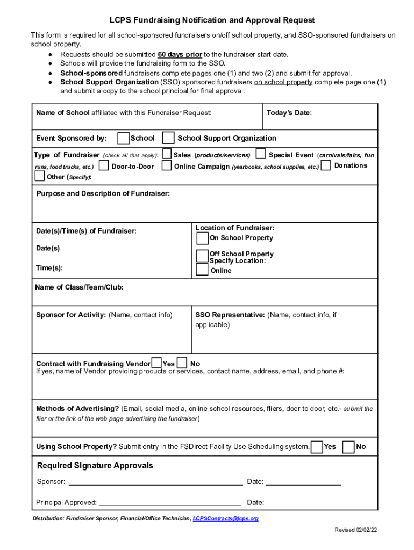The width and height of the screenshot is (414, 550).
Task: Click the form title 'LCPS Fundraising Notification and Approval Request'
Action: point(212,20)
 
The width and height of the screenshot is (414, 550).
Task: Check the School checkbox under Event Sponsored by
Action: point(123,138)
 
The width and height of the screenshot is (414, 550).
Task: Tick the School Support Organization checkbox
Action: point(168,138)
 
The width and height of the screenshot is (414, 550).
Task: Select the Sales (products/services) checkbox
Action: point(167,155)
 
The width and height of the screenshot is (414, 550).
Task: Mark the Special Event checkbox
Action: point(261,155)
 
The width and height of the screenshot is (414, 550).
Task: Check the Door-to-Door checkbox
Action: point(104,166)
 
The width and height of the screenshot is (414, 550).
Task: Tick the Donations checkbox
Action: point(326,165)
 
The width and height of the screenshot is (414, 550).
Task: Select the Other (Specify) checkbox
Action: point(40,176)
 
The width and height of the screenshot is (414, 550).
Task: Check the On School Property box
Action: point(202,238)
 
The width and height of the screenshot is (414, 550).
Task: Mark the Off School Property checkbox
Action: point(202,255)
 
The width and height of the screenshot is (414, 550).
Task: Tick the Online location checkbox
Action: point(202,270)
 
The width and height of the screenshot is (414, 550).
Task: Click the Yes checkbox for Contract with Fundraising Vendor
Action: point(156,363)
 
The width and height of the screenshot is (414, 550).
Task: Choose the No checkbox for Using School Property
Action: point(348,446)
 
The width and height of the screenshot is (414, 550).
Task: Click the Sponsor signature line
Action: point(155,482)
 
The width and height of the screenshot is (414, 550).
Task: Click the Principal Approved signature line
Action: point(169,503)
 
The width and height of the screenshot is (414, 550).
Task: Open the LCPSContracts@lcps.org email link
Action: point(226,519)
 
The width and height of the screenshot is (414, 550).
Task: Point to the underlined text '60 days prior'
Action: point(180,55)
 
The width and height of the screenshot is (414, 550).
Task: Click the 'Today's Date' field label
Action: point(289,113)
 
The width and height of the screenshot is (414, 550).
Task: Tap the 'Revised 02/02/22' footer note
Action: point(356,530)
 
